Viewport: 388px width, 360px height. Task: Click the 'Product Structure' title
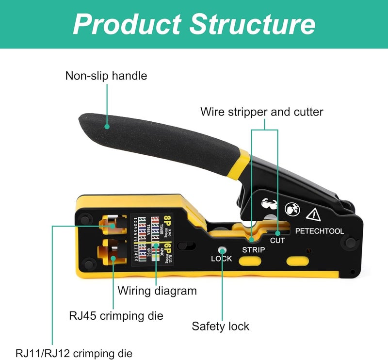[194, 24]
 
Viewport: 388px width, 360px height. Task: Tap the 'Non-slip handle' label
[106, 76]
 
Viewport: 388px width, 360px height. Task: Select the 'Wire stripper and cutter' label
[262, 112]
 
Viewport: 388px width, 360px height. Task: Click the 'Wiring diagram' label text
[157, 291]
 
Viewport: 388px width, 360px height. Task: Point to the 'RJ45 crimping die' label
[116, 315]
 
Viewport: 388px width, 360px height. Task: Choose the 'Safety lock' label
[221, 326]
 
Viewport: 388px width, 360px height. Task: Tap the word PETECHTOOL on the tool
[320, 231]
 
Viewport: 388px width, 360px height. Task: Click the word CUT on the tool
[277, 240]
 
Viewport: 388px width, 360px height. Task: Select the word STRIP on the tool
[253, 250]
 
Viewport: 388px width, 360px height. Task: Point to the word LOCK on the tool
[221, 259]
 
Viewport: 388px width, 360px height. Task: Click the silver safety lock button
[222, 250]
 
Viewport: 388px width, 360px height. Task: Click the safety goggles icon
[268, 205]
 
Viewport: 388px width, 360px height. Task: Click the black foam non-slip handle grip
[160, 136]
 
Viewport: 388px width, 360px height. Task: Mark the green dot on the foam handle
[106, 126]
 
